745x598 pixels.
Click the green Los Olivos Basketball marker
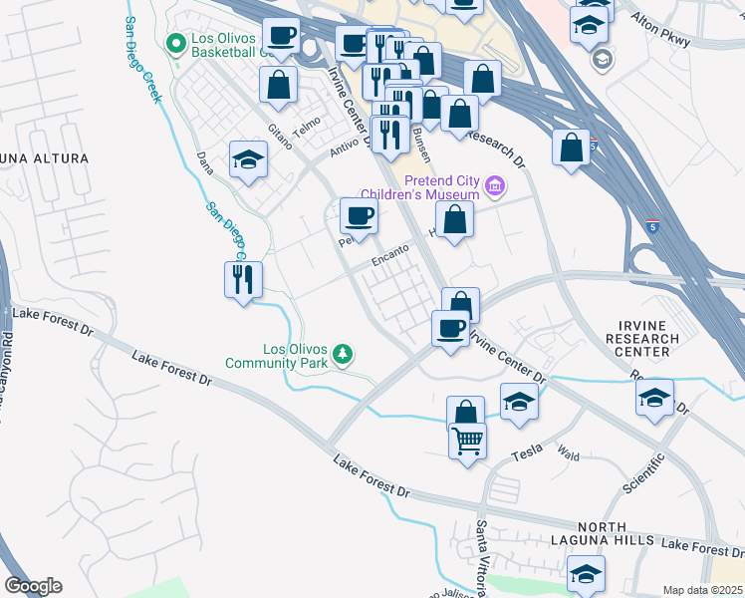[176, 45]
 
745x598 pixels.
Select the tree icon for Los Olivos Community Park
[343, 356]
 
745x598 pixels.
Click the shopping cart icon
[467, 439]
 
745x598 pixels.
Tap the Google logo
[33, 586]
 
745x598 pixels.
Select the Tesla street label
[525, 454]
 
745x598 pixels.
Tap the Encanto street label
[391, 256]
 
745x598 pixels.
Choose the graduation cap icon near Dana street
[248, 159]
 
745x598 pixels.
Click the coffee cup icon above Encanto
[359, 215]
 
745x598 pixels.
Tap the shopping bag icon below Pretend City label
[454, 220]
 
